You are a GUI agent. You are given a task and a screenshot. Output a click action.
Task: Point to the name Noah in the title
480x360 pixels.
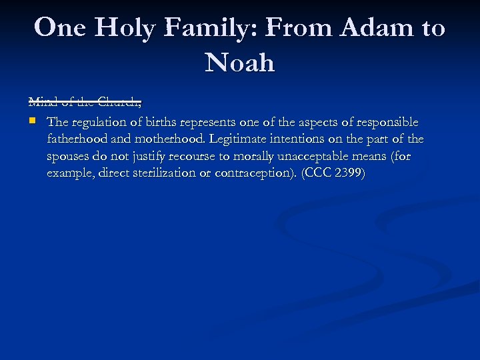[x=240, y=63]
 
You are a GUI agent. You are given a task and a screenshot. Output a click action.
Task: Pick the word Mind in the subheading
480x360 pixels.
[x=41, y=103]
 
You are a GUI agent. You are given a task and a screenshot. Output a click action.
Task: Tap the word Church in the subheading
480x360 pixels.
[x=120, y=103]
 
